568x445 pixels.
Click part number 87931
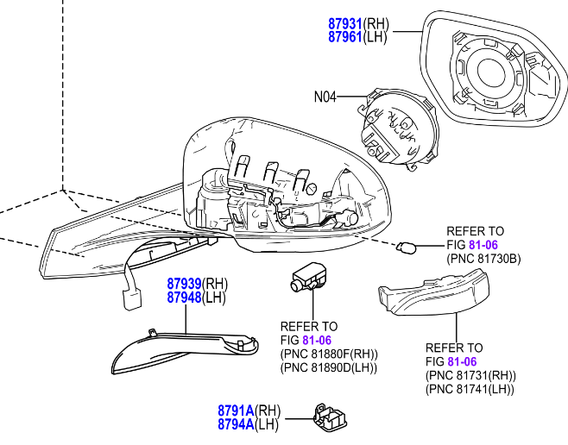(345, 25)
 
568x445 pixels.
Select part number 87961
(345, 37)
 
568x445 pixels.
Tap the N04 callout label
(325, 97)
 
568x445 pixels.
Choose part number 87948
(185, 298)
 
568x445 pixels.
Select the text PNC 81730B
(483, 258)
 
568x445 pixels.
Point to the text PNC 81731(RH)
(470, 375)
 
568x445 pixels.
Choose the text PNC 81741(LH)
(470, 389)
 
